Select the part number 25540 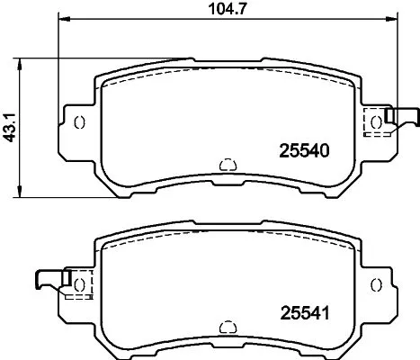tap(297, 153)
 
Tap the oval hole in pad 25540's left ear tap(78, 122)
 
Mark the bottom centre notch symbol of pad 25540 tap(227, 165)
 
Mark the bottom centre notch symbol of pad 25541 tap(227, 327)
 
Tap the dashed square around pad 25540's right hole tap(374, 122)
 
